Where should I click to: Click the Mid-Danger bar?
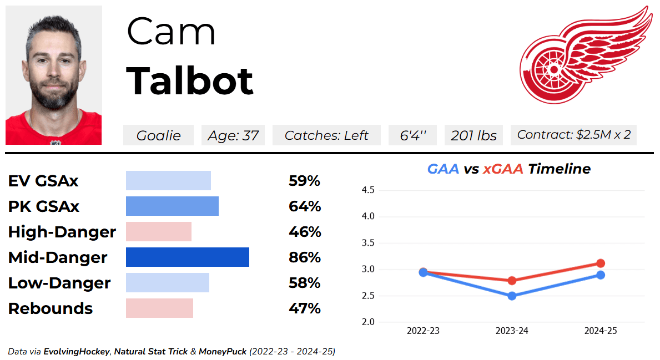188,257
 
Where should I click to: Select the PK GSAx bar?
172,206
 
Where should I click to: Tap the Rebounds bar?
159,308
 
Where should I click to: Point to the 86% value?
305,258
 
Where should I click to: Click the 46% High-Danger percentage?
305,232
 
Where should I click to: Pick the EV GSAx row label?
43,181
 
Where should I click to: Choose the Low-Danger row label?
59,283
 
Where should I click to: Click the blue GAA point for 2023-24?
512,296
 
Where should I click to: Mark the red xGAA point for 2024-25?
601,263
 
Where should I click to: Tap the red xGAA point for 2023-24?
512,281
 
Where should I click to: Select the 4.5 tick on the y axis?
368,190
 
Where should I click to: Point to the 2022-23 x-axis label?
423,331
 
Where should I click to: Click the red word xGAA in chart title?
503,169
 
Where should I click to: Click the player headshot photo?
54,75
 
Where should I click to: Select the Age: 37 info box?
233,135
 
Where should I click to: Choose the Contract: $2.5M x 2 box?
573,135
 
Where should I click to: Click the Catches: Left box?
326,135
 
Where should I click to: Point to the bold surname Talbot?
190,81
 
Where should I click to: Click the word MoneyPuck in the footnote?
222,352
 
